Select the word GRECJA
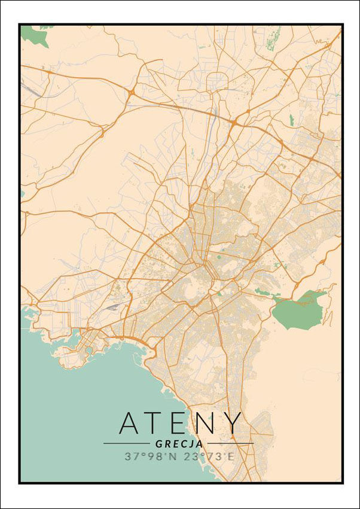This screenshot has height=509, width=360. point(178,444)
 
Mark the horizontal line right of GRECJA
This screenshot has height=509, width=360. point(230,444)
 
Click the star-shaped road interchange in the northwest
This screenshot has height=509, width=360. point(130,93)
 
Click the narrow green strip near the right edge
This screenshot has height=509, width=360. point(292,120)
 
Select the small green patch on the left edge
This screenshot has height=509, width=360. point(22,194)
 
